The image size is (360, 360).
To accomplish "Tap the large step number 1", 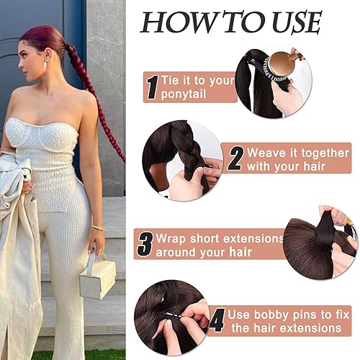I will [151, 87].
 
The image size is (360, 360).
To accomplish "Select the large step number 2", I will [235, 158].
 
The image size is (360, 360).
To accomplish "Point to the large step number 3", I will [144, 243].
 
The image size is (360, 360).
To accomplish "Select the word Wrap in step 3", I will [171, 238].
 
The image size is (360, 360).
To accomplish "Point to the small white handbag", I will [98, 278].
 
